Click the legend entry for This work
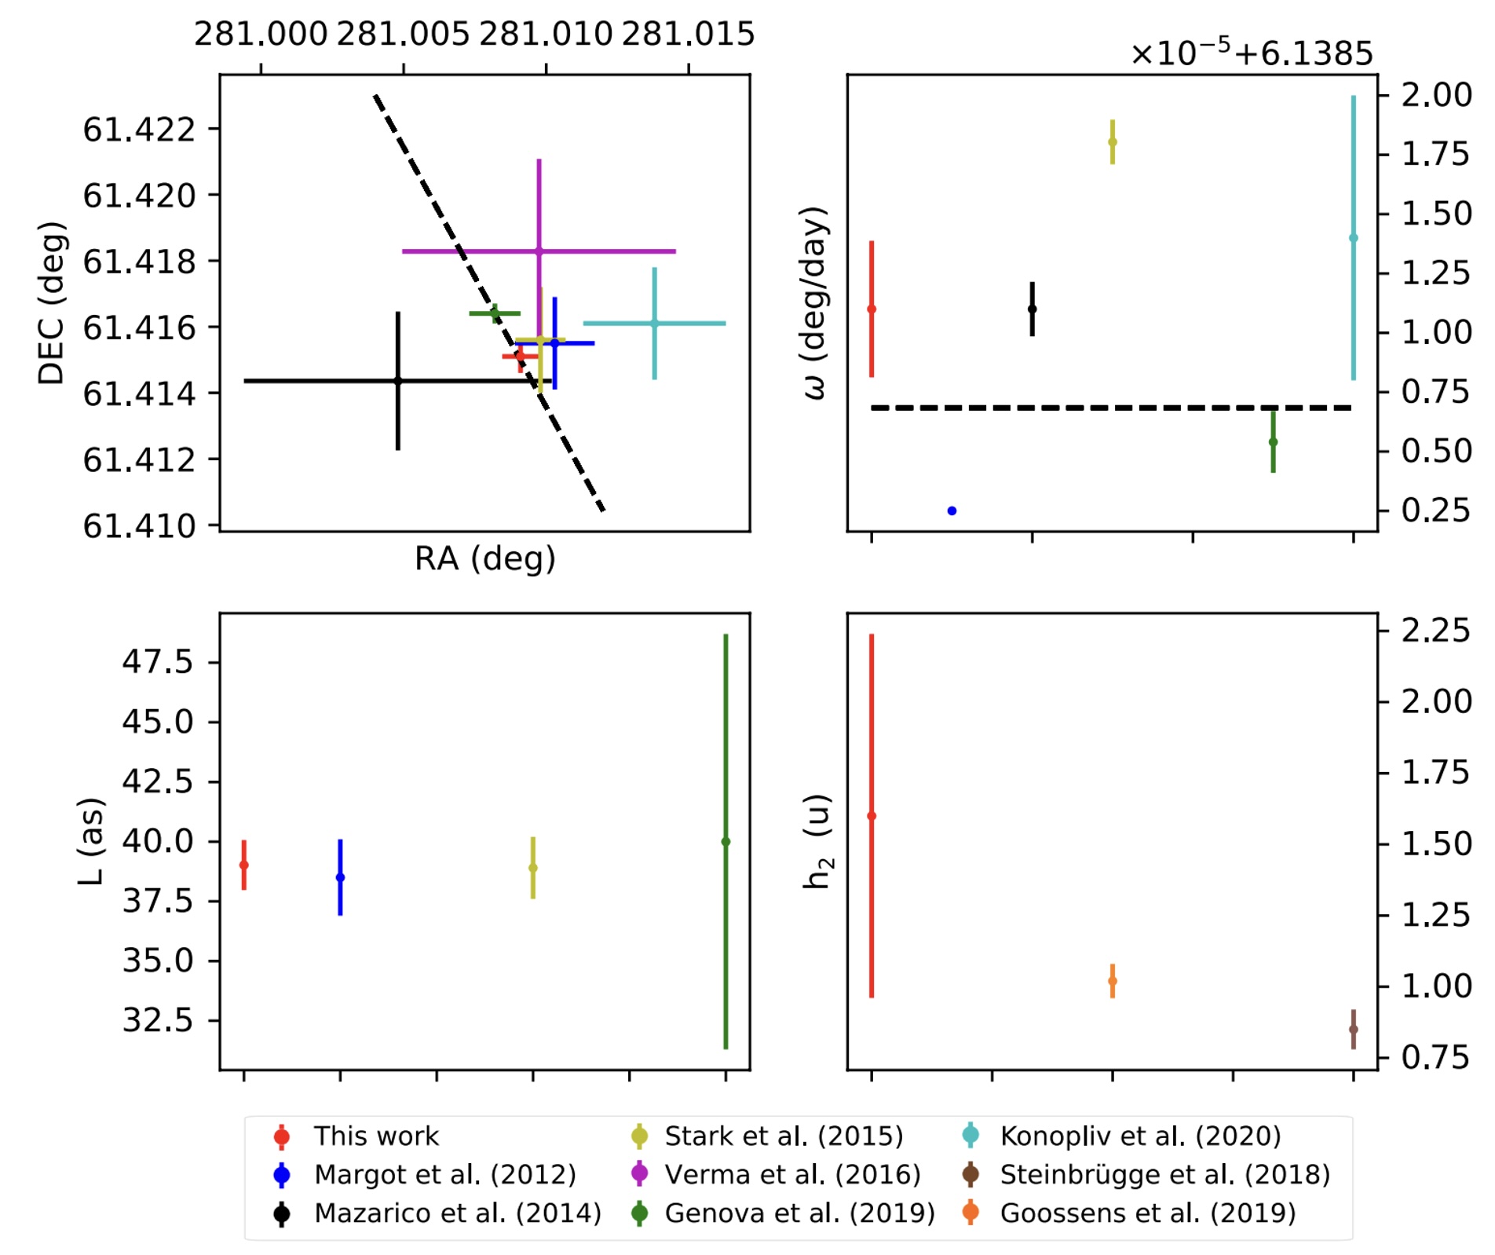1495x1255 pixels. point(375,1136)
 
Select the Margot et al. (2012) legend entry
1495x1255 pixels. point(444,1175)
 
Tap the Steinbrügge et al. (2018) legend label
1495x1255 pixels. point(1164,1175)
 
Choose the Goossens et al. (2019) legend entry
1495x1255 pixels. point(1147,1213)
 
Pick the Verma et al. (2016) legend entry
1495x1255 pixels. point(792,1175)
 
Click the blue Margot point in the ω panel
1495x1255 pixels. point(952,511)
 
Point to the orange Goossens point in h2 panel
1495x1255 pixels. point(1112,981)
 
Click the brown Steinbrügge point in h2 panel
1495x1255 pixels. point(1353,1030)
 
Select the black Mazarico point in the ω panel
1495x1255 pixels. point(1032,309)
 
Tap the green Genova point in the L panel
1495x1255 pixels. point(726,842)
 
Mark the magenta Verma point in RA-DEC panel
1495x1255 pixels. point(539,251)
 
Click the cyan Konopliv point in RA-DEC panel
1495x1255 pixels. point(654,324)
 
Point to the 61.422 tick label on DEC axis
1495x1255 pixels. point(139,130)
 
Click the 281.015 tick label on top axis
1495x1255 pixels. point(688,35)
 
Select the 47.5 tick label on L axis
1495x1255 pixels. point(157,662)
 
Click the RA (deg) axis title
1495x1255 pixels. point(484,558)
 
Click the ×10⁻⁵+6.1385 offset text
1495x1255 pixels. point(1251,53)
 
